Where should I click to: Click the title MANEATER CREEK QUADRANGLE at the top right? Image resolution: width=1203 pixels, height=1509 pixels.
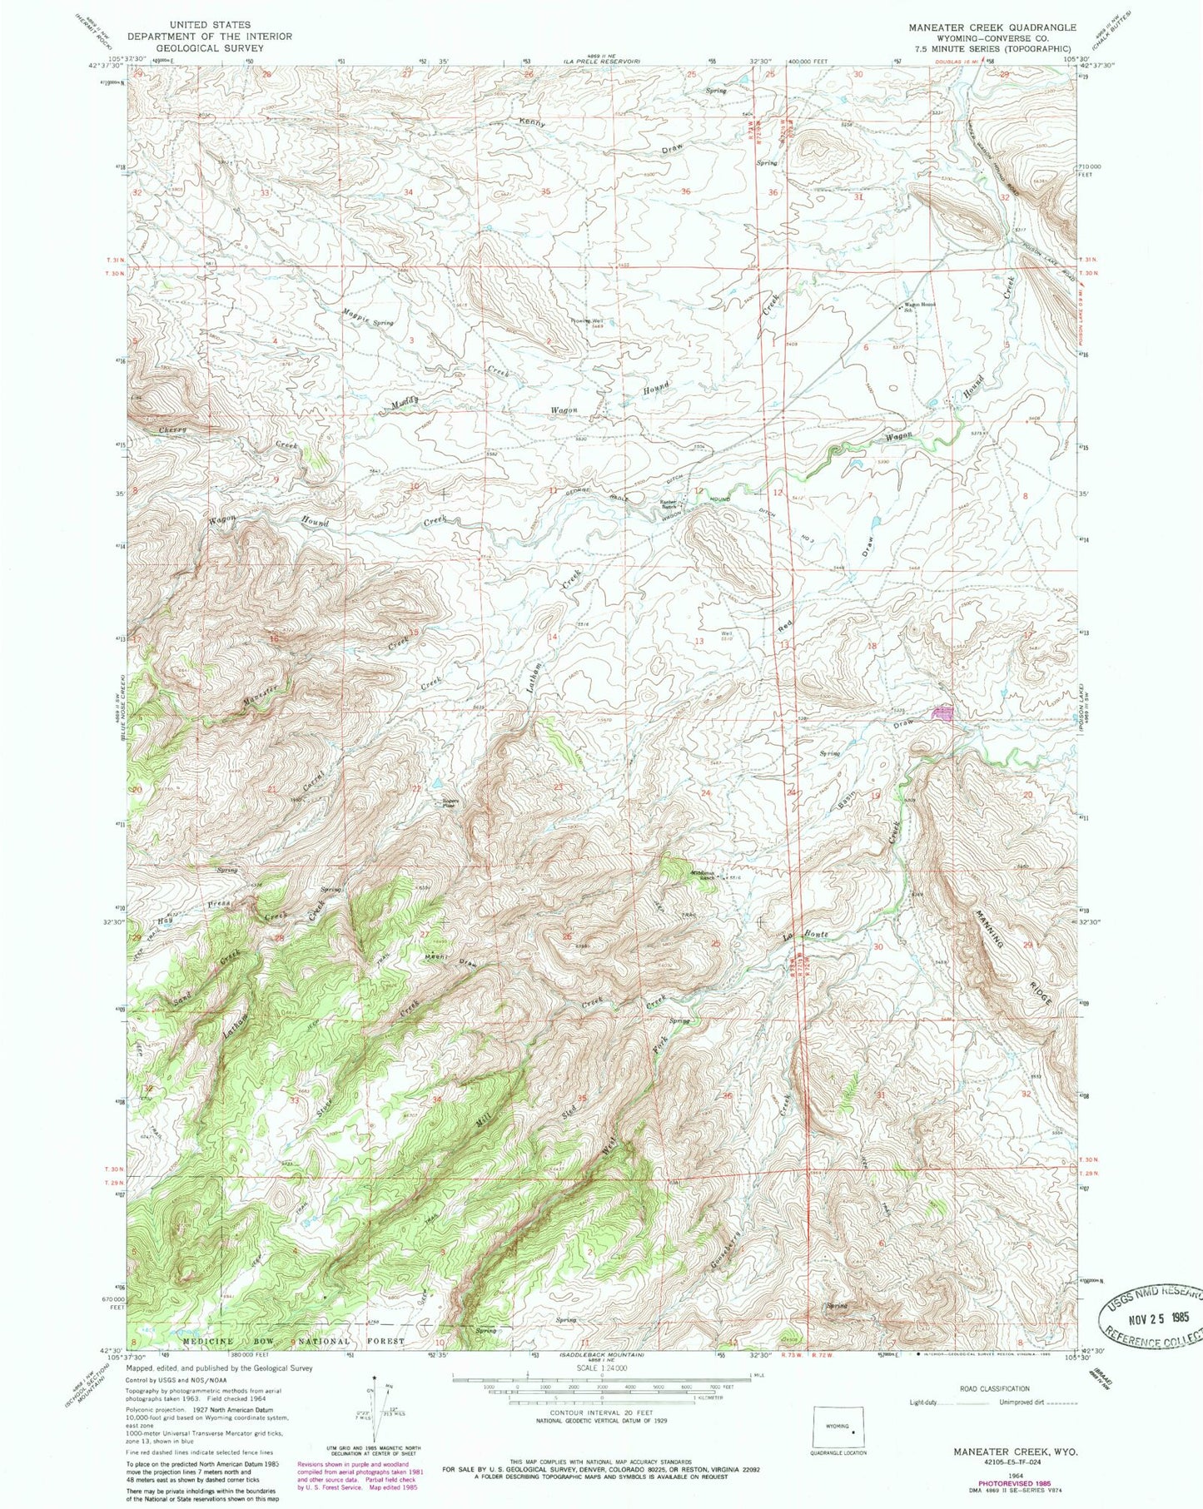(992, 27)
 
